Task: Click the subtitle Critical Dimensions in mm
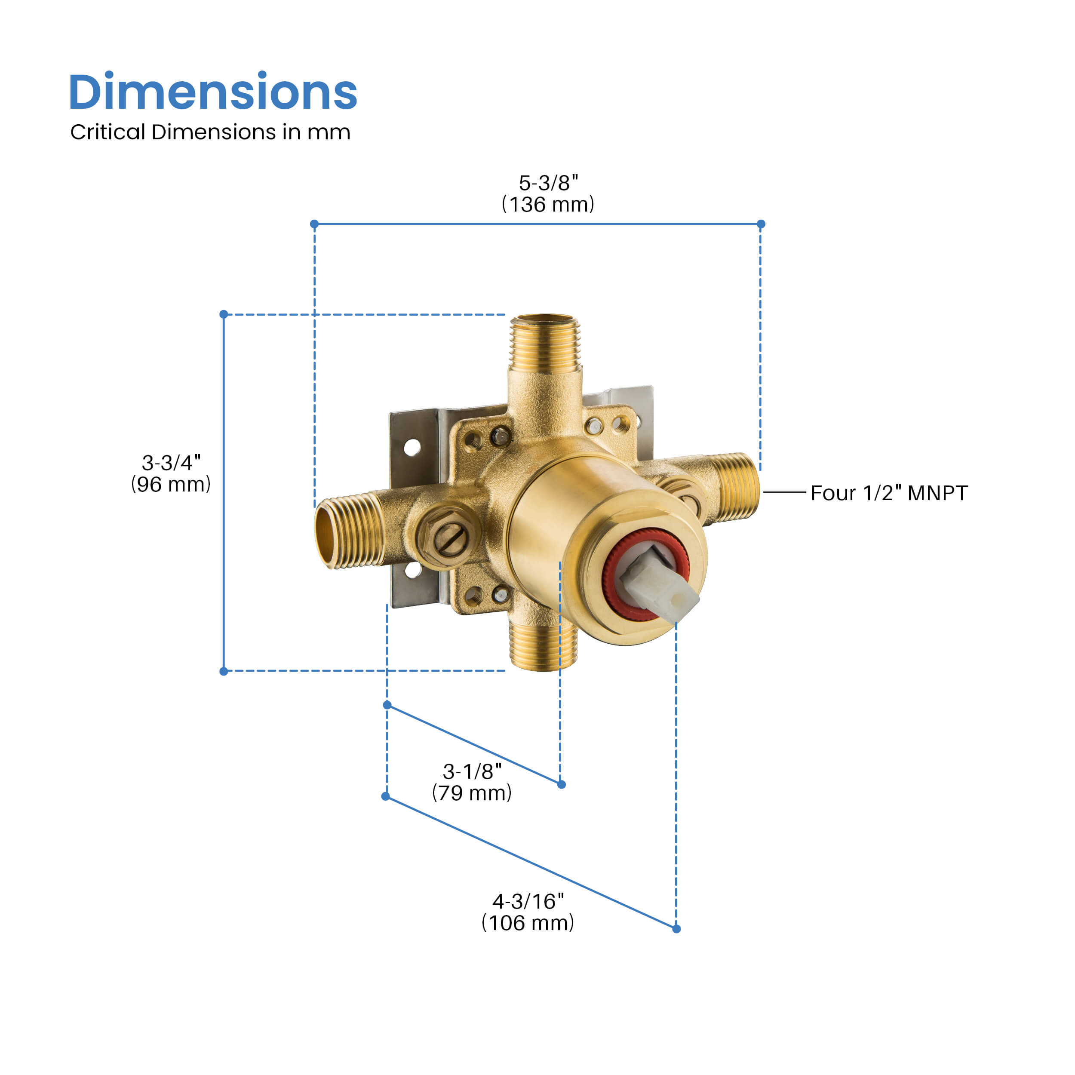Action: tap(210, 132)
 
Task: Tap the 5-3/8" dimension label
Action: tap(548, 182)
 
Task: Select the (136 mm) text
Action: tap(548, 204)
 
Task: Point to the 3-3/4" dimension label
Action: tap(171, 462)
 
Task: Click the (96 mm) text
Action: tap(171, 484)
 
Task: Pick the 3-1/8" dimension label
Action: tap(472, 771)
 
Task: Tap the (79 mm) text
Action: tap(472, 793)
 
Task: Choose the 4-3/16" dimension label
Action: tap(528, 901)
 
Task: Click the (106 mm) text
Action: tap(528, 923)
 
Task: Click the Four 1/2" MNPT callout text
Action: tap(889, 493)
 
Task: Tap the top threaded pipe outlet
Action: tap(545, 345)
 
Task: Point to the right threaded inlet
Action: tap(736, 486)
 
